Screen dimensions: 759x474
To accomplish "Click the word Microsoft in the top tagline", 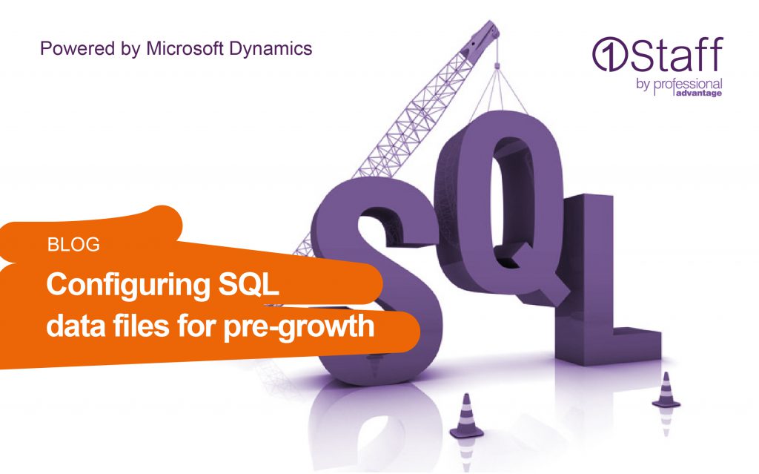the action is tap(185, 48).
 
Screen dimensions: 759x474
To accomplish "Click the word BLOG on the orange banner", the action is tap(73, 245).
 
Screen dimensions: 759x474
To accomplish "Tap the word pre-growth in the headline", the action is tap(299, 326).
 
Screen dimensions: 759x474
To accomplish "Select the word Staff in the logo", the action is tap(676, 54).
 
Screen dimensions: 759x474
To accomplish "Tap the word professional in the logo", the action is tap(688, 85).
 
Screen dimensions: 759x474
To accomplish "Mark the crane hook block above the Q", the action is tap(497, 65).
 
